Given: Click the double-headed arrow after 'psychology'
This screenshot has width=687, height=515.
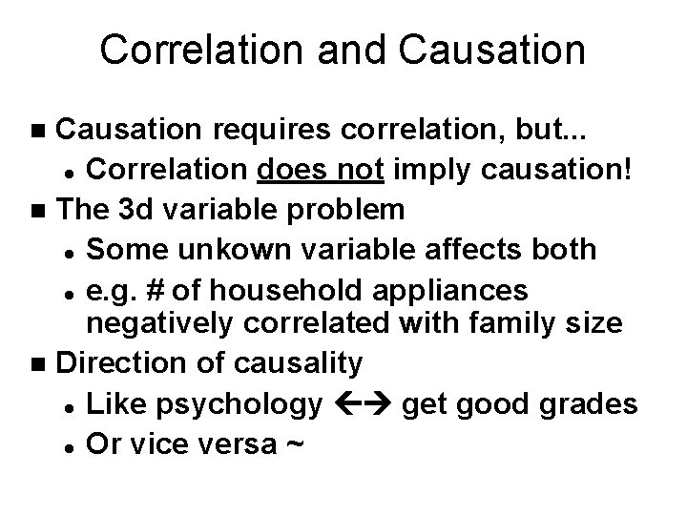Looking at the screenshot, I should pos(361,405).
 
